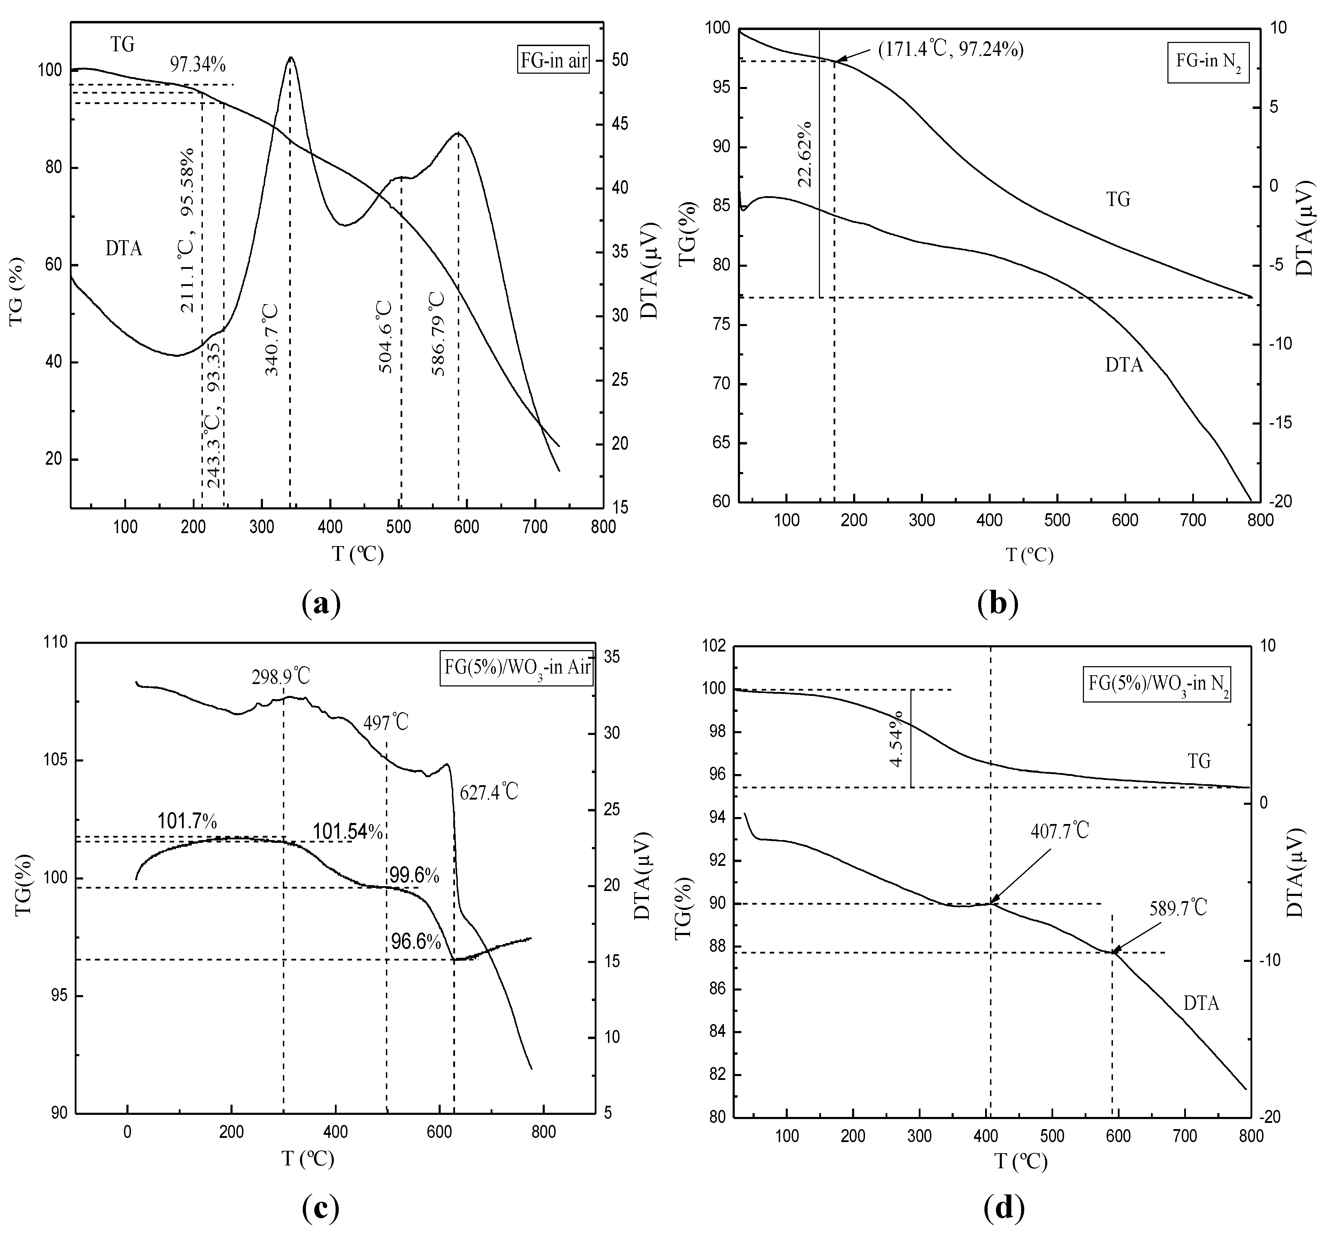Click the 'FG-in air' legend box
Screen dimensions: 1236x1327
tap(553, 61)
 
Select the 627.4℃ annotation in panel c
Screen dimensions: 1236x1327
tap(489, 792)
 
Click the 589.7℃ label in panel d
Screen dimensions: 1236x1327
tap(1178, 908)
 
